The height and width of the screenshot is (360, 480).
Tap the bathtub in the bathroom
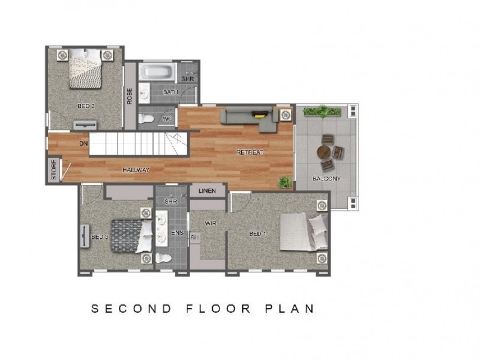pos(157,73)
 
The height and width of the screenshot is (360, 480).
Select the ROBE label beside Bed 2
pos(130,96)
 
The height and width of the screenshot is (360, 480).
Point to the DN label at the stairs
pos(84,143)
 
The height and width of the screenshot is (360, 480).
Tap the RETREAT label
pos(250,152)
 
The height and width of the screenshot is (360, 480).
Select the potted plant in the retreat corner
pos(284,181)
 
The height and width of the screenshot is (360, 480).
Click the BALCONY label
pos(326,178)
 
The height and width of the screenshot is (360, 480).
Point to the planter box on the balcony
pos(322,112)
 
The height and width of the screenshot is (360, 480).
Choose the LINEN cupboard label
pos(208,191)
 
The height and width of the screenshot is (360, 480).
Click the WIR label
pos(210,223)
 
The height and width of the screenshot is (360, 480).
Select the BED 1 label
pos(257,233)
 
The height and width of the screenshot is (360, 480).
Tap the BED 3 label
pos(99,237)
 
